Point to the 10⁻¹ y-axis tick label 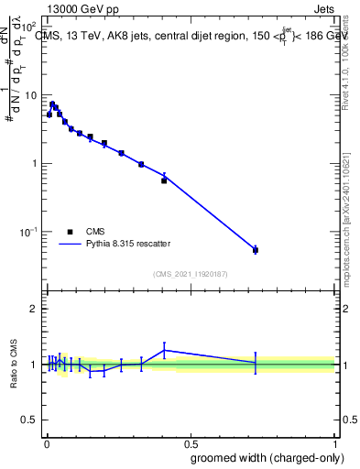[x=27, y=232]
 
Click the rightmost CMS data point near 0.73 [x=256, y=249]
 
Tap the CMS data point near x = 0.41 [x=164, y=180]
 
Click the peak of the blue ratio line [x=164, y=349]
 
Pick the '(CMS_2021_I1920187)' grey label [x=191, y=273]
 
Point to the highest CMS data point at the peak [x=52, y=104]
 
